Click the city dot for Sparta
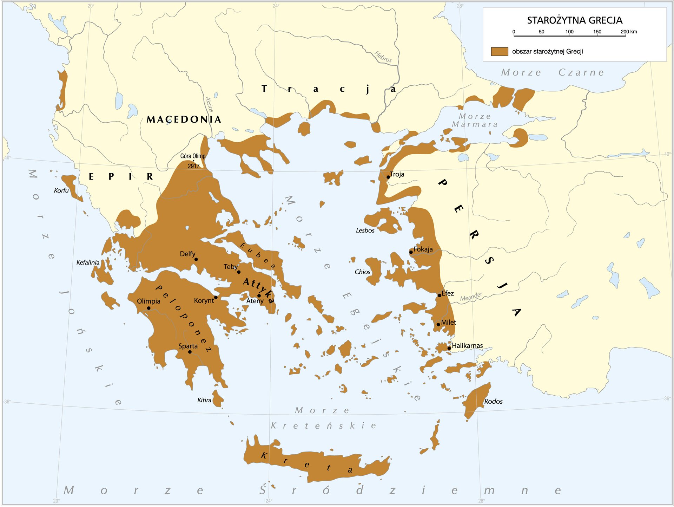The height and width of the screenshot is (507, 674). [190, 352]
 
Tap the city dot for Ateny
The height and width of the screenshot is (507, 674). [259, 296]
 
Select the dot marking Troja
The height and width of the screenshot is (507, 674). [388, 177]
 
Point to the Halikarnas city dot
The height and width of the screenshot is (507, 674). [449, 348]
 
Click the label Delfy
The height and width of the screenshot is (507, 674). [187, 254]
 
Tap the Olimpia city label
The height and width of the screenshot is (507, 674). [148, 301]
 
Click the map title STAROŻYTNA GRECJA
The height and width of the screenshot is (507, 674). [575, 20]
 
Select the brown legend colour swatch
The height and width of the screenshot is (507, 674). [500, 52]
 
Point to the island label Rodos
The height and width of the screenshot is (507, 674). [493, 401]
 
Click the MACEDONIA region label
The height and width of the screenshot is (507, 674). [184, 119]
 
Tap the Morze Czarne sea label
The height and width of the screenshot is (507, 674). [553, 72]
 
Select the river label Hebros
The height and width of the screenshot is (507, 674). [383, 57]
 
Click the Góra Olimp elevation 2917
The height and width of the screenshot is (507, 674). [193, 166]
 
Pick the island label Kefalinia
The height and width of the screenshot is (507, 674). [88, 262]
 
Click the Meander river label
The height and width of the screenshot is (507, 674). [471, 297]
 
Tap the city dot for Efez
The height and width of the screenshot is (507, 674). [439, 295]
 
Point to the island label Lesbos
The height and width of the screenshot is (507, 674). [365, 230]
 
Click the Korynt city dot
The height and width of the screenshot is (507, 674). [216, 298]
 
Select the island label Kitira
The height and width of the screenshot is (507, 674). [204, 400]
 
